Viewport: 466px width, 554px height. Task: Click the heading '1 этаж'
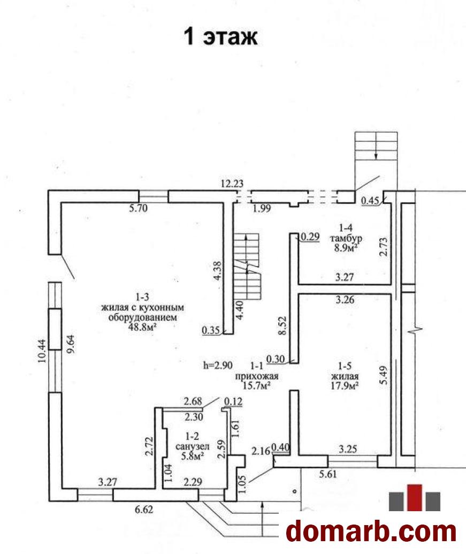click(x=221, y=36)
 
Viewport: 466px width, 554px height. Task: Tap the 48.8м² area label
click(x=143, y=327)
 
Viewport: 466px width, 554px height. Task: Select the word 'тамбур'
click(x=346, y=238)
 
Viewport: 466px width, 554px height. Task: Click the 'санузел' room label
click(x=193, y=446)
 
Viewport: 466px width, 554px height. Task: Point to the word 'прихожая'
click(x=257, y=377)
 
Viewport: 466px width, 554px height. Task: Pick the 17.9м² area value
click(x=345, y=385)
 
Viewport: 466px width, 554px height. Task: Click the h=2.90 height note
click(x=218, y=366)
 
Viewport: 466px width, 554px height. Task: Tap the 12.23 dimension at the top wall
click(x=232, y=184)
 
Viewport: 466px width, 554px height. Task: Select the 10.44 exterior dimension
click(x=42, y=351)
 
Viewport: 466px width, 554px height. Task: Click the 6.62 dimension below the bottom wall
click(x=144, y=510)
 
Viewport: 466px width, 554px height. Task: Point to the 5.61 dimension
click(x=328, y=474)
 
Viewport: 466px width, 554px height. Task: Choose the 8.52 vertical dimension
click(x=282, y=326)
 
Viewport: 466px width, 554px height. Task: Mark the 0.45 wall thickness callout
click(x=370, y=201)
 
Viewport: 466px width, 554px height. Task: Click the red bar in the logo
click(x=415, y=497)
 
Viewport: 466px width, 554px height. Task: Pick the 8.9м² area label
click(x=346, y=247)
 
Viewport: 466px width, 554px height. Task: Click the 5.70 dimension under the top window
click(x=139, y=208)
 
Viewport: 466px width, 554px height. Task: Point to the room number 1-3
click(x=142, y=298)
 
